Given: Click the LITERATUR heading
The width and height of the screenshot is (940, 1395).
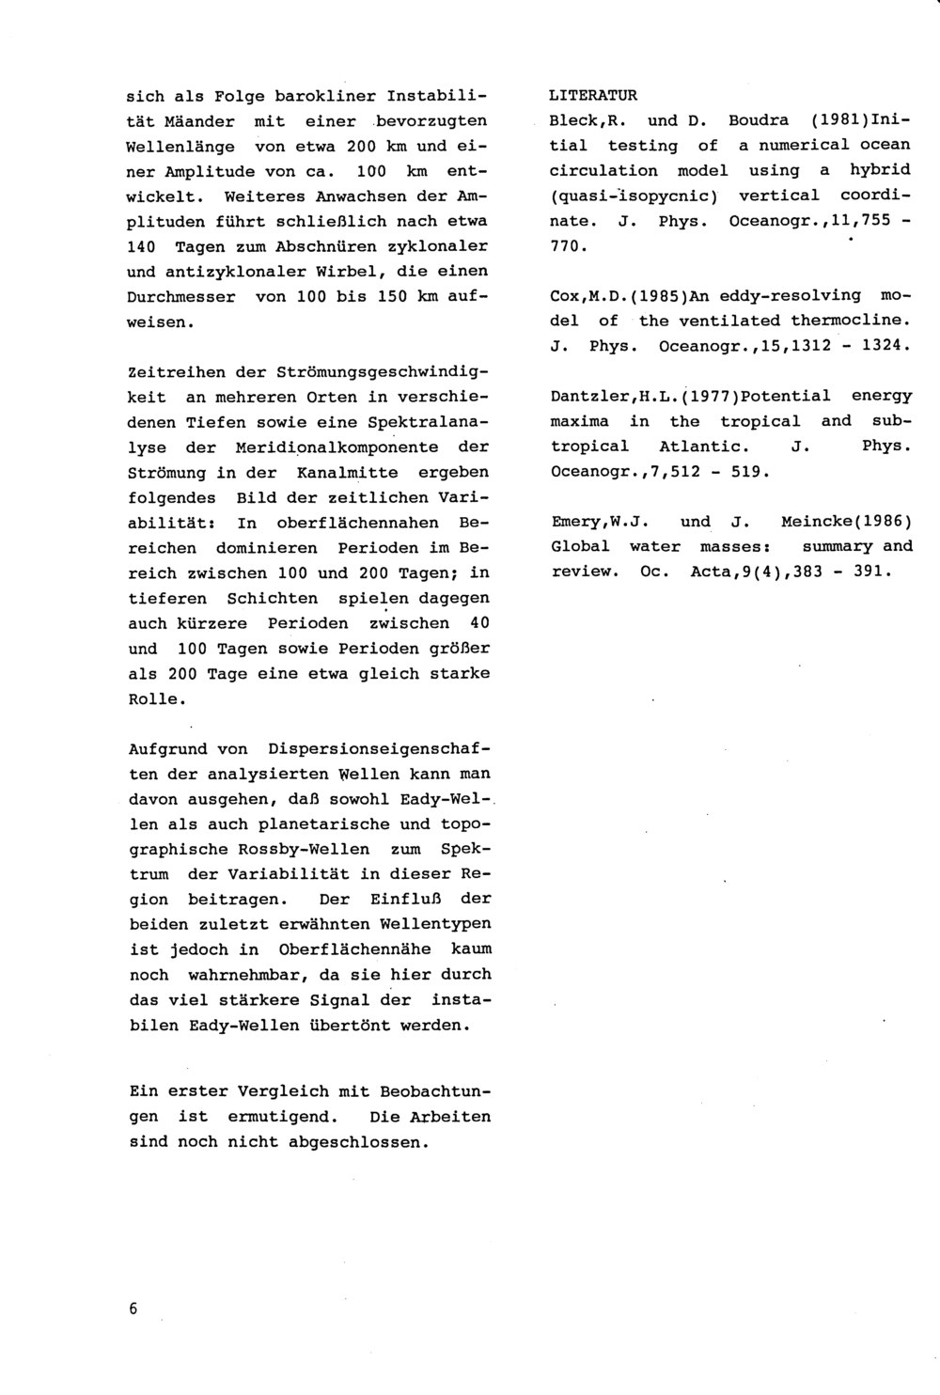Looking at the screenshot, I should [593, 95].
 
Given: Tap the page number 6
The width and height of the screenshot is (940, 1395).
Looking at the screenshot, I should [133, 1309].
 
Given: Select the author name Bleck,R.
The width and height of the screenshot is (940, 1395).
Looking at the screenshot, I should [583, 120].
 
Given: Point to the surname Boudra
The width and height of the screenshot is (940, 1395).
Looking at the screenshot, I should [754, 120].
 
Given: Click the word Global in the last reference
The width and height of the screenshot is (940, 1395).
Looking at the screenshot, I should [580, 546].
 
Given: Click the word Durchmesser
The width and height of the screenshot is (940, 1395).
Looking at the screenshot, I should [181, 296].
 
